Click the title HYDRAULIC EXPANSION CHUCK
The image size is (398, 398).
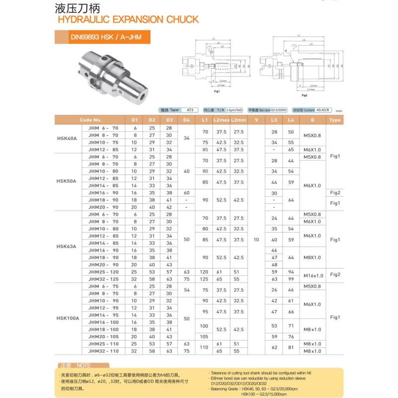[128, 20]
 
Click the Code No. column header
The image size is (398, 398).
[91, 120]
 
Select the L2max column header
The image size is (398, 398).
[220, 120]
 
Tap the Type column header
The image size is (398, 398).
[335, 120]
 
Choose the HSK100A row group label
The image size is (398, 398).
[68, 318]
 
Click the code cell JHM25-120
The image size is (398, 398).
[103, 272]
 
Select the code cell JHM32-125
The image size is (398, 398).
[103, 279]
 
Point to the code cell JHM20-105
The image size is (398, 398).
[103, 336]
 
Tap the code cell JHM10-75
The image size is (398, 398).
[103, 142]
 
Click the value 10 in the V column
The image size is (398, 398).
[256, 240]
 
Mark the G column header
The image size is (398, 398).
[312, 120]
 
